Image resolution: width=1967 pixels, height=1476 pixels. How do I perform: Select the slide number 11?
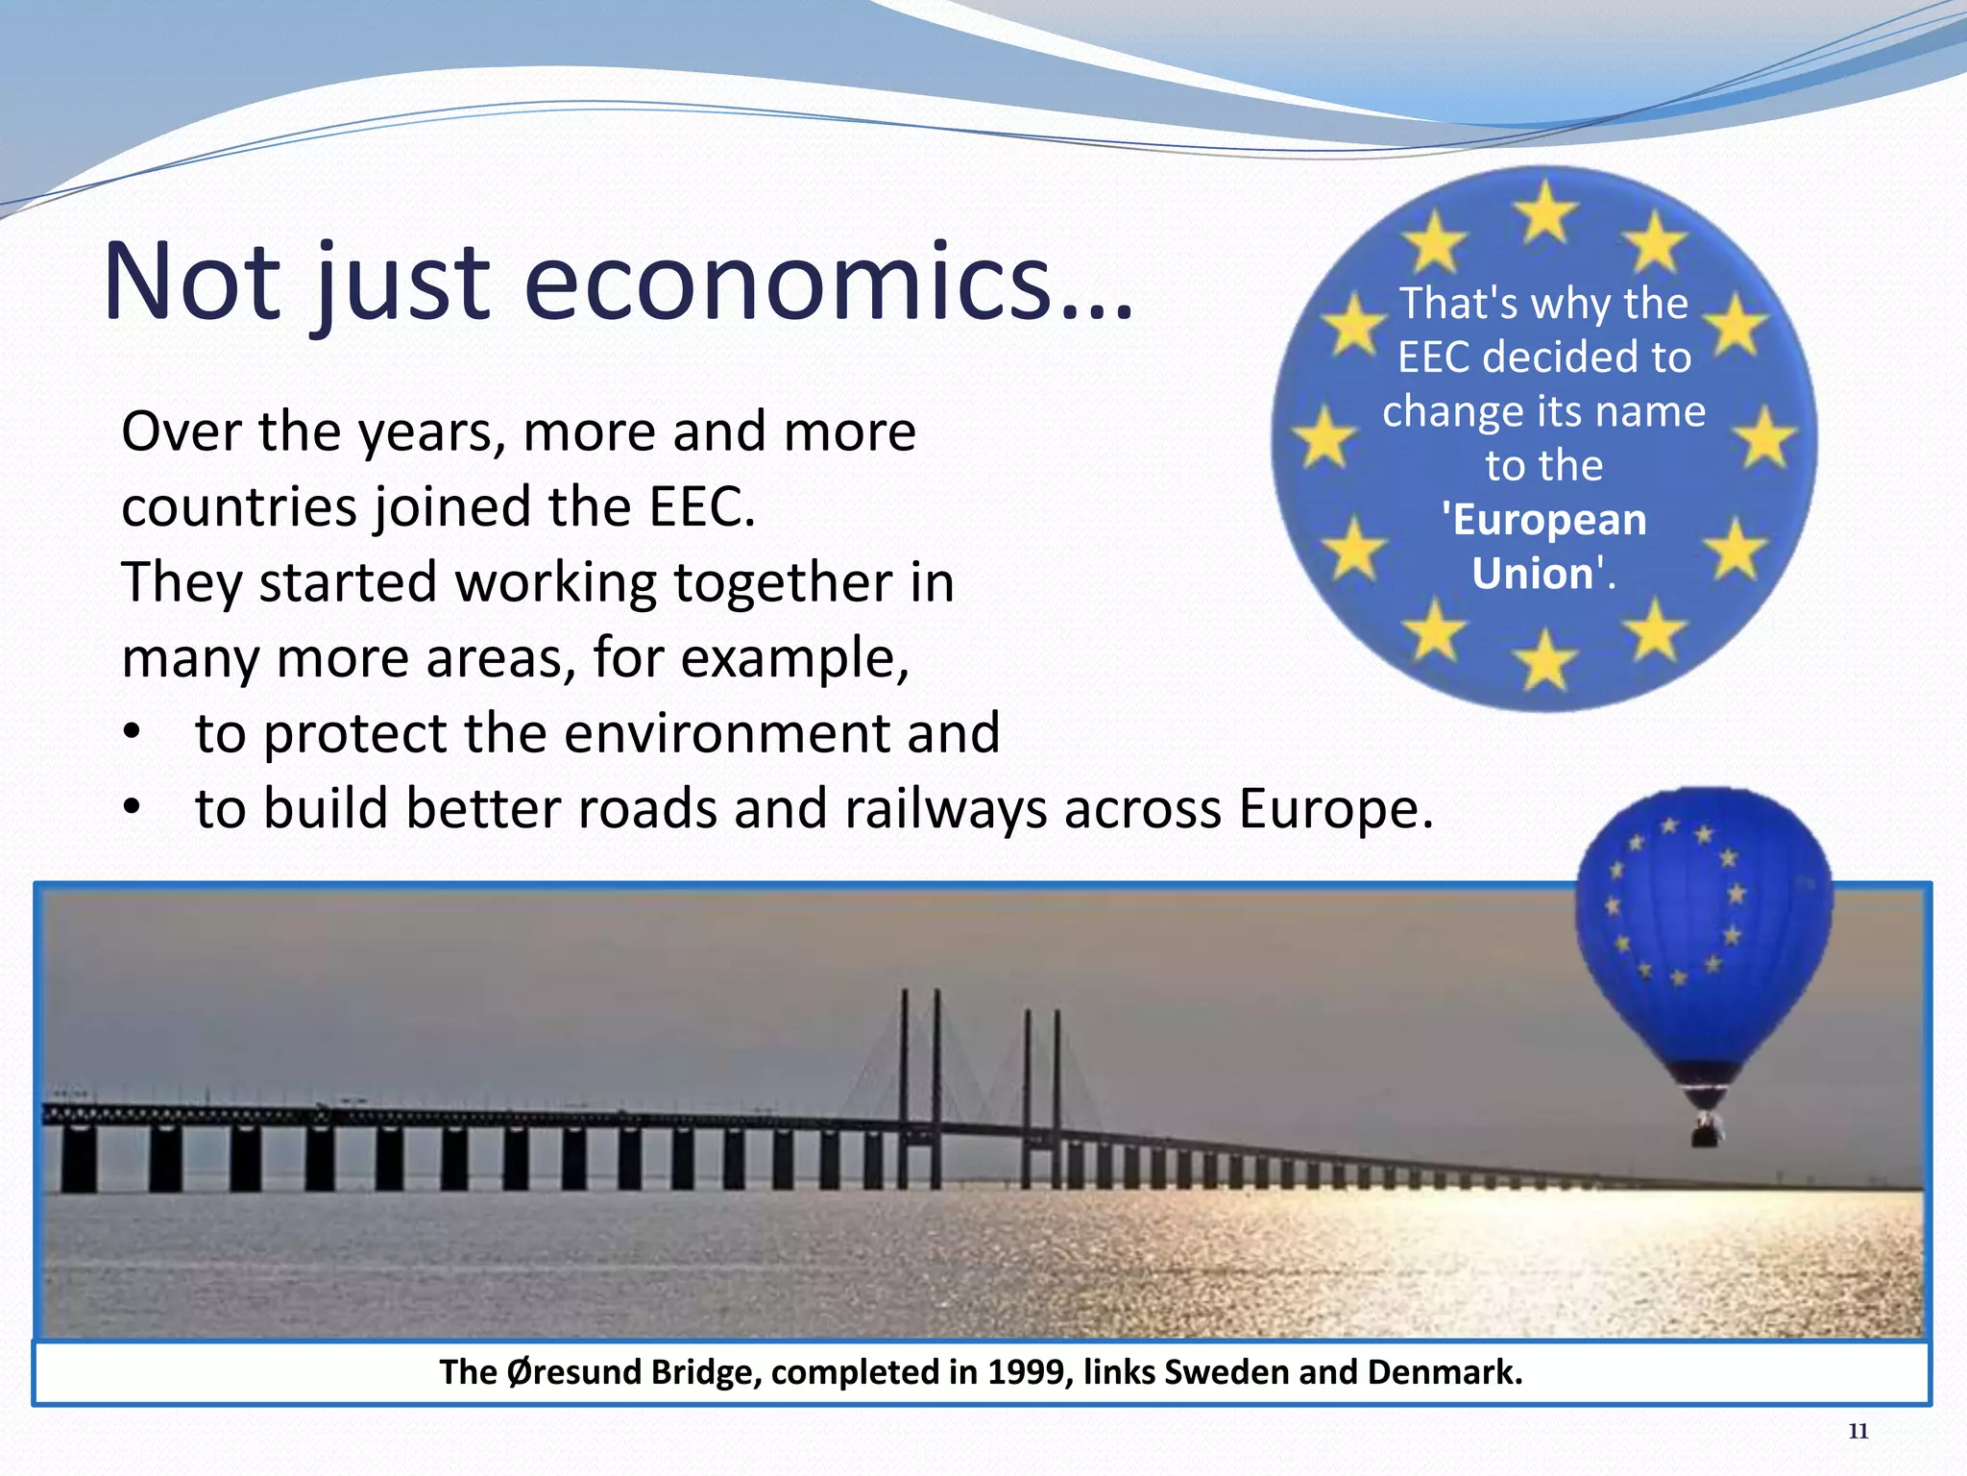[x=1858, y=1431]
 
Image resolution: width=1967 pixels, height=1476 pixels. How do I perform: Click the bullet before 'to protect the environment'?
[x=132, y=735]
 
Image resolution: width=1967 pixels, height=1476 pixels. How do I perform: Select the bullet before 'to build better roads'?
[x=132, y=810]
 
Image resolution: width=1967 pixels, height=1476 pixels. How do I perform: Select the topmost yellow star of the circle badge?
[x=1545, y=209]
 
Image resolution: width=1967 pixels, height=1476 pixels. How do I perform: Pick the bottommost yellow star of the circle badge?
[x=1545, y=660]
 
